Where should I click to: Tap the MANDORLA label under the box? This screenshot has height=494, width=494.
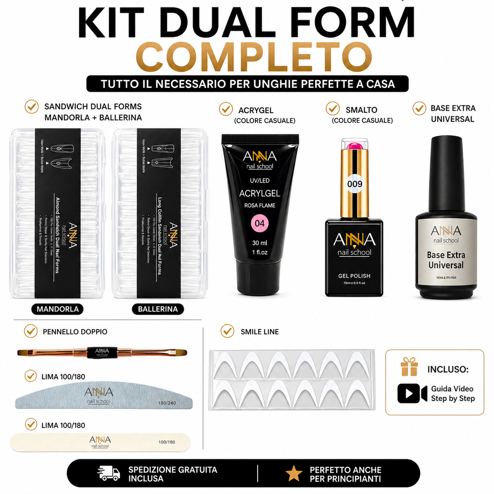coord(58,309)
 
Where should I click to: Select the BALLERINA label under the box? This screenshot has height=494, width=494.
coord(158,309)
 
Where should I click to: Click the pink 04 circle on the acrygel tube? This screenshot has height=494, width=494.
coord(260,223)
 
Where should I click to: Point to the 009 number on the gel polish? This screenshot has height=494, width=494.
coord(355,184)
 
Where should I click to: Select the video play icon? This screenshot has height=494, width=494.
coord(412,393)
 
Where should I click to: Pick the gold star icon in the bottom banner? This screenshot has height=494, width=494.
coord(294,474)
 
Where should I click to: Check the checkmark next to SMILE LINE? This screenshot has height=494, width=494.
coord(227,331)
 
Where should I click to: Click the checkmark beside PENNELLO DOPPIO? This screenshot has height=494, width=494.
coord(31,331)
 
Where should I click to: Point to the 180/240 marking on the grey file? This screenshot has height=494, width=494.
coord(167,403)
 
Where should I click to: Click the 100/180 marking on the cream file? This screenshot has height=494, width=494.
coord(167,442)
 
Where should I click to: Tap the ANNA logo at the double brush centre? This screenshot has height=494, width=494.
coord(102,352)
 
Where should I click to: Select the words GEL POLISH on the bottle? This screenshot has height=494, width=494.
coord(354,276)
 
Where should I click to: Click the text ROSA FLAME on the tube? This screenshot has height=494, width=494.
coord(260,205)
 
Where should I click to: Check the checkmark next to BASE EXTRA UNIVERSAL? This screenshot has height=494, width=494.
coord(419,108)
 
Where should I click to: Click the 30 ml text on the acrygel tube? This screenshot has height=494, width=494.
coord(260,243)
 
